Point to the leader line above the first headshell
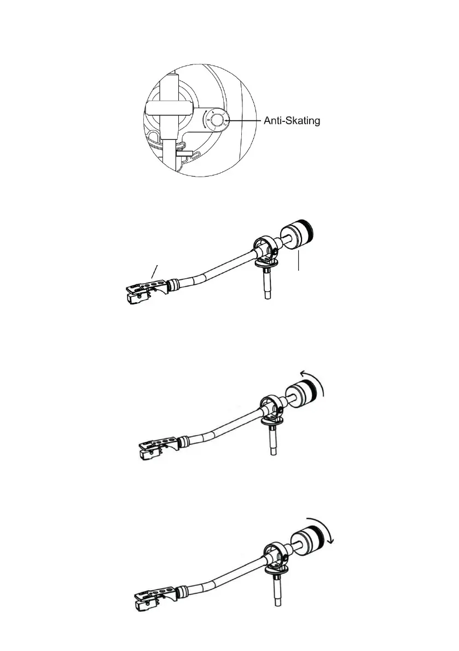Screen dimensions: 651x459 [156, 271]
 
